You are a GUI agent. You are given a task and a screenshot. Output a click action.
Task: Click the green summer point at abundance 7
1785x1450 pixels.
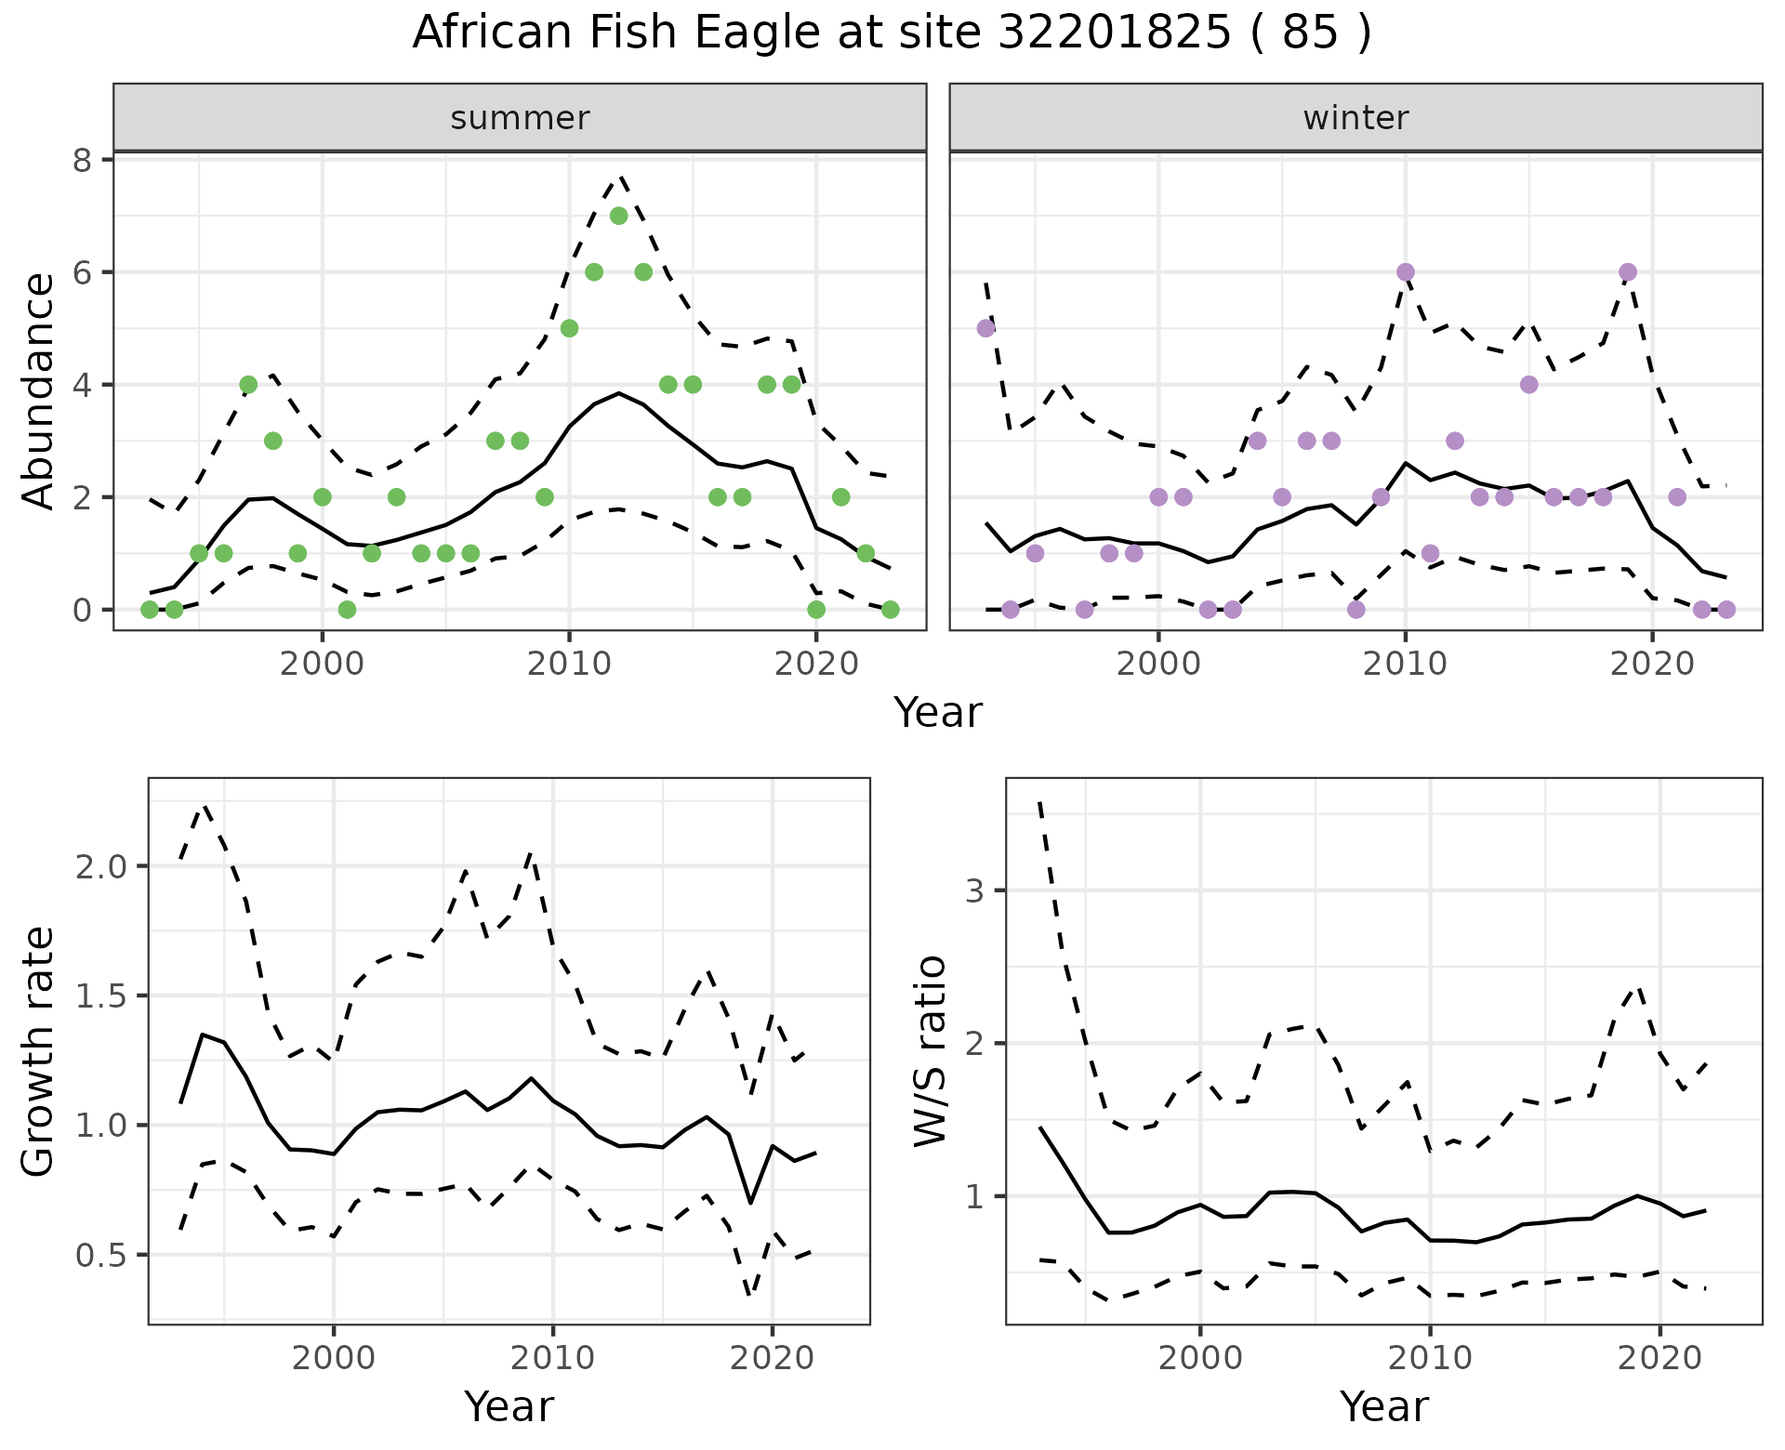(x=619, y=216)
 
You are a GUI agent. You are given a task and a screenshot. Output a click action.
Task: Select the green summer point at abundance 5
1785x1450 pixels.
(x=570, y=328)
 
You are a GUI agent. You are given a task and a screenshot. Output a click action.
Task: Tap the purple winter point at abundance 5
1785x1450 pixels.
(x=986, y=328)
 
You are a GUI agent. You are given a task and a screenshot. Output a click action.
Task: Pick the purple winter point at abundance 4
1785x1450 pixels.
(x=1529, y=385)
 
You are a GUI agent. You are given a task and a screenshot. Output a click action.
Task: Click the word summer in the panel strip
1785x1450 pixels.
(x=520, y=118)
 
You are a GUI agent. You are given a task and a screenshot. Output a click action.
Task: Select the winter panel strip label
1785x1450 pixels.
(x=1355, y=118)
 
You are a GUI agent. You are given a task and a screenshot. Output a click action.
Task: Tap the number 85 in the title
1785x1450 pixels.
(x=1310, y=33)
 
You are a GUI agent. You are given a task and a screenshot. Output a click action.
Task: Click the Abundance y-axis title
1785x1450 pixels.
(x=39, y=390)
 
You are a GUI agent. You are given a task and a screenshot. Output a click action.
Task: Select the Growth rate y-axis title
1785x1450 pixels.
(x=39, y=1051)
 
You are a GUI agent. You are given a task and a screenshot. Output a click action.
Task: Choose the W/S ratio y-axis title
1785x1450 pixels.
(x=931, y=1051)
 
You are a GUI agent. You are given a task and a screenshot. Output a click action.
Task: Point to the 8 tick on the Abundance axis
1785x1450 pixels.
(x=84, y=161)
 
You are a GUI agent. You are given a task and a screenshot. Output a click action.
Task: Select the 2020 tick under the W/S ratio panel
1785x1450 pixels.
(x=1660, y=1358)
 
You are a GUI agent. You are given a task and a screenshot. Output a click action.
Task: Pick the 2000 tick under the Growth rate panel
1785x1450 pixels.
(x=334, y=1358)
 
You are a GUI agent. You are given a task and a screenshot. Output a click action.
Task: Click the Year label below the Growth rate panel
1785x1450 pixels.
(x=509, y=1406)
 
